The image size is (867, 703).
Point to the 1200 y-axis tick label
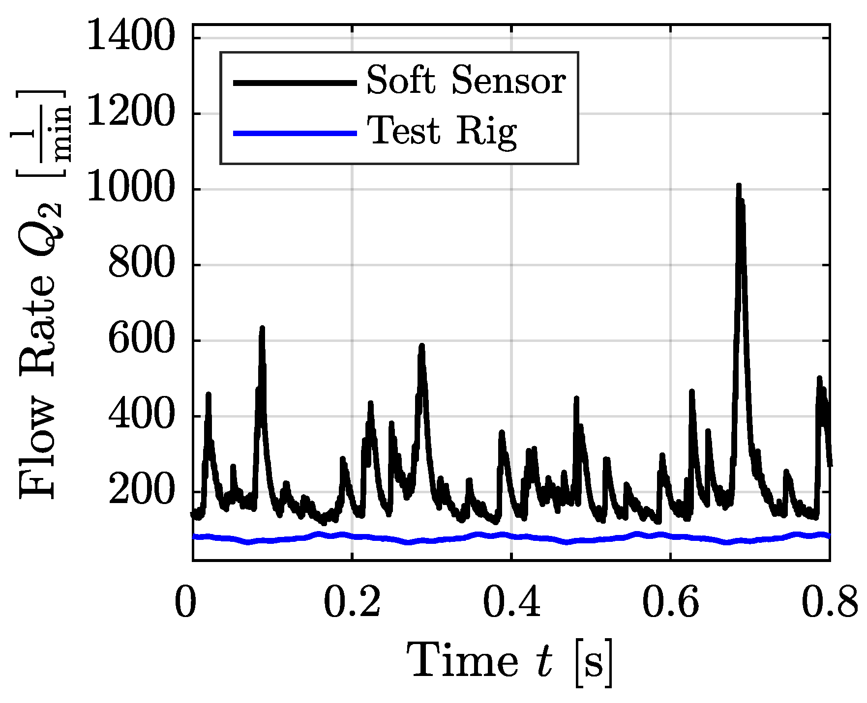pos(131,113)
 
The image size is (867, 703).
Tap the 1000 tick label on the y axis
pos(131,189)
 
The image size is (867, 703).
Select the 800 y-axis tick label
pos(141,265)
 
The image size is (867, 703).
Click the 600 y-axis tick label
pos(141,340)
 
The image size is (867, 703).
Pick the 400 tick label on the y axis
pos(141,417)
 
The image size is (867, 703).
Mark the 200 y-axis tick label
pos(141,492)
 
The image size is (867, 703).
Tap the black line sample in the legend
pos(294,83)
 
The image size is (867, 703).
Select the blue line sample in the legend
pos(294,133)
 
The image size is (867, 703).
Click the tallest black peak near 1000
pos(739,187)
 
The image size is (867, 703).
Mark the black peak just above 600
pos(262,328)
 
